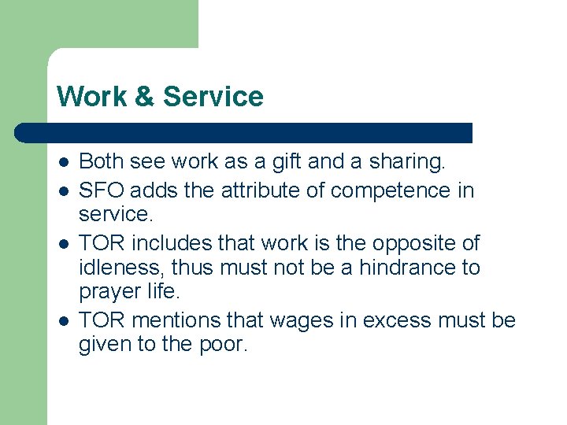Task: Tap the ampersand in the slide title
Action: pyautogui.click(x=145, y=97)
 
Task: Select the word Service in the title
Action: pyautogui.click(x=213, y=97)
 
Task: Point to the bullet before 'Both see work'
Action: pyautogui.click(x=63, y=163)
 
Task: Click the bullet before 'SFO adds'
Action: pyautogui.click(x=63, y=190)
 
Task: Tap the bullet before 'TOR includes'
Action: pyautogui.click(x=63, y=242)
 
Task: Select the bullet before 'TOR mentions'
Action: pyautogui.click(x=63, y=320)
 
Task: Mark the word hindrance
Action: pyautogui.click(x=408, y=268)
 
